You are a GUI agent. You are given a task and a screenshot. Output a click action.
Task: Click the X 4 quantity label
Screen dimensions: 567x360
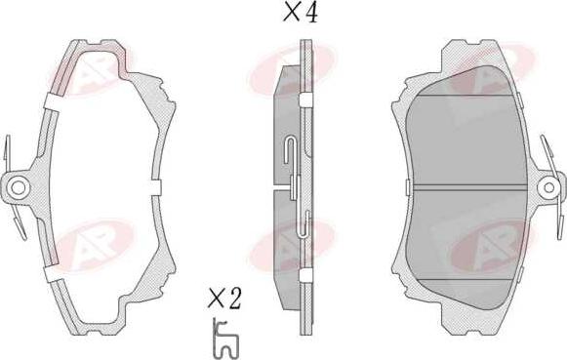pos(301,14)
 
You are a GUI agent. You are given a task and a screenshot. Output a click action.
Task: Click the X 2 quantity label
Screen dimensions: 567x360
pos(224,299)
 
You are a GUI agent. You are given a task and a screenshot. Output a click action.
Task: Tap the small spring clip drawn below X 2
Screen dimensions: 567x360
pos(224,339)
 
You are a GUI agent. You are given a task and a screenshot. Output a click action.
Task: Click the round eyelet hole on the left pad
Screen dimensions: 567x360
pos(17,187)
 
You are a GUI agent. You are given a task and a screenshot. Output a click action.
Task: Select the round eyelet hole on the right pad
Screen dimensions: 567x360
pos(548,187)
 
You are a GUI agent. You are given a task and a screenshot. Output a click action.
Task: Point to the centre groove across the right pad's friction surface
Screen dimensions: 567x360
pos(466,187)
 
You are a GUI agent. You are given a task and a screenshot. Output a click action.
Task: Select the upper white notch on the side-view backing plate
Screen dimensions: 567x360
pos(305,100)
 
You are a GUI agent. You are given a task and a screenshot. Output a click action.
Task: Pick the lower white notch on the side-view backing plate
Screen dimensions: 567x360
pos(305,275)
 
